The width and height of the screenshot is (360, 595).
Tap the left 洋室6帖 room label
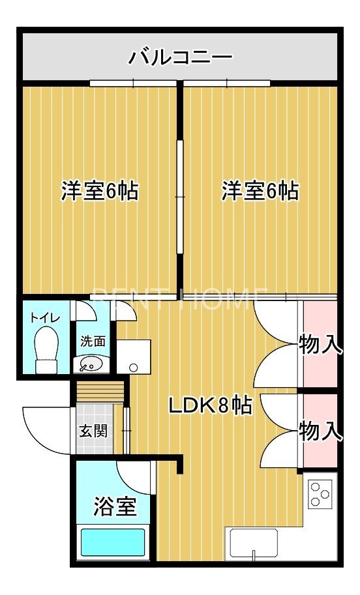[99, 191]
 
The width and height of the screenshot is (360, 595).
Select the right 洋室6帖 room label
[260, 191]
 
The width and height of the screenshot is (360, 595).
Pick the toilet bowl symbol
[46, 348]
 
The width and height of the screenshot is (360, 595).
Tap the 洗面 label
[93, 341]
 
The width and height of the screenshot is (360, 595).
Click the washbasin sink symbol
[90, 364]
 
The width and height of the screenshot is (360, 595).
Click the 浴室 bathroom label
[114, 506]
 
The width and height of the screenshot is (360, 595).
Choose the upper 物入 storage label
[320, 344]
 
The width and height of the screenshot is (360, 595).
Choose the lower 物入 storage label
[320, 430]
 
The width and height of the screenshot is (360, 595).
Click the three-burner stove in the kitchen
[320, 493]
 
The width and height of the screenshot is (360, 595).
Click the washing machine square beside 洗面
[134, 356]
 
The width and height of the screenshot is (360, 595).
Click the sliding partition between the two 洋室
[179, 196]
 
